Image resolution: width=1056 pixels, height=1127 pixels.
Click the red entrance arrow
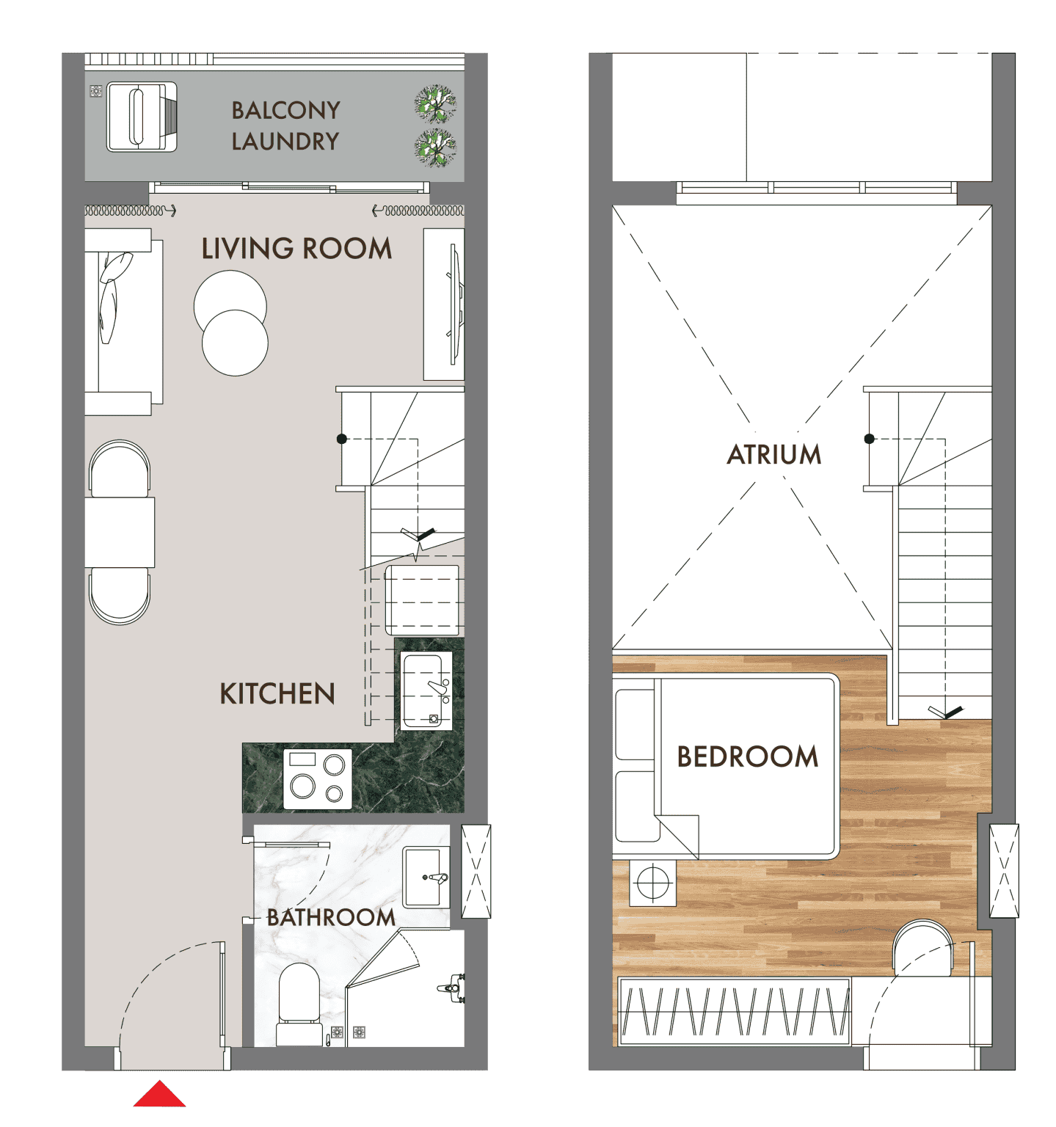click(159, 1094)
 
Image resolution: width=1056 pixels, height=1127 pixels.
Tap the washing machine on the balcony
click(142, 117)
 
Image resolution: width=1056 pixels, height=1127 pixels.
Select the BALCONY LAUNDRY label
click(285, 125)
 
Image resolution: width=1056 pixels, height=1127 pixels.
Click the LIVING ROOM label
click(296, 249)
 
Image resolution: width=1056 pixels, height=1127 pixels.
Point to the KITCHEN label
click(277, 693)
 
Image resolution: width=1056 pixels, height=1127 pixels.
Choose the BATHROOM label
click(331, 917)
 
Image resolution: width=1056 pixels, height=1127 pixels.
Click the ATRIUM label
click(774, 454)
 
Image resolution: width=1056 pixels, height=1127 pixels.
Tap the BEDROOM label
click(747, 756)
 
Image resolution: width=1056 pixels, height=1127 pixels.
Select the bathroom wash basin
click(426, 878)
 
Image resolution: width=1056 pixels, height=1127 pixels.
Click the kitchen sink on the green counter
click(426, 690)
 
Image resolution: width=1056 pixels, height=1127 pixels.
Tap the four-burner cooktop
click(318, 779)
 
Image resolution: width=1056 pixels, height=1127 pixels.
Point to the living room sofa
click(123, 322)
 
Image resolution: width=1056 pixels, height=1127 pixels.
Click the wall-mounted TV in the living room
click(455, 304)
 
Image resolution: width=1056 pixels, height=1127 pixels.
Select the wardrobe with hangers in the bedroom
click(735, 1010)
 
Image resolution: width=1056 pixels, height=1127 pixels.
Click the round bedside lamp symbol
click(652, 882)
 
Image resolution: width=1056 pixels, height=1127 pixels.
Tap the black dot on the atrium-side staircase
click(870, 439)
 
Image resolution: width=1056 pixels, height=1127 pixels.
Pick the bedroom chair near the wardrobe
click(924, 949)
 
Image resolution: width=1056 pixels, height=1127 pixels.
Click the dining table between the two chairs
click(120, 533)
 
